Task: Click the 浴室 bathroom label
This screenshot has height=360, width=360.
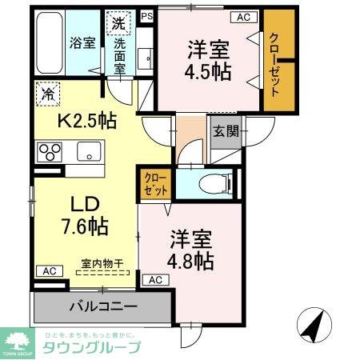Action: click(83, 42)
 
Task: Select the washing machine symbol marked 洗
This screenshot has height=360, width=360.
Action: click(119, 23)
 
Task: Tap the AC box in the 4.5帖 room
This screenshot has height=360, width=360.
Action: click(242, 16)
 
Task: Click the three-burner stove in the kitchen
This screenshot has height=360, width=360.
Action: click(50, 150)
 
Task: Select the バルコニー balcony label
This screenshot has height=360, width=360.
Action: click(102, 306)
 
